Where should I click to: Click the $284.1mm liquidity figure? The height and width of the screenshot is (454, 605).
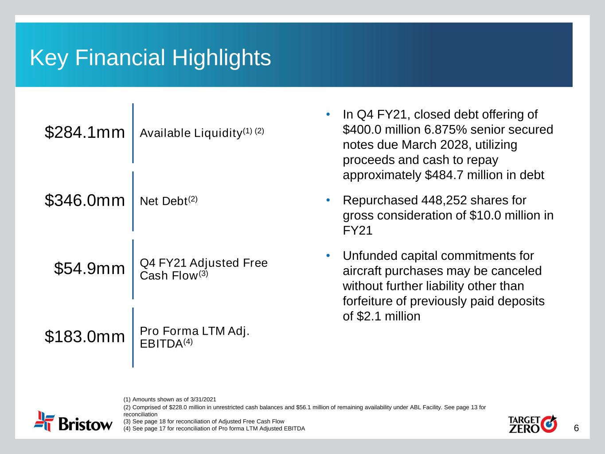tap(85, 132)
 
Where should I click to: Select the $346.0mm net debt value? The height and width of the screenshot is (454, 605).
tap(85, 200)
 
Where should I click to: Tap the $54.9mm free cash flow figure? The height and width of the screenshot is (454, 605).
tap(89, 268)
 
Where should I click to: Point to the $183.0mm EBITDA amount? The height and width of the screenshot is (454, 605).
tap(85, 337)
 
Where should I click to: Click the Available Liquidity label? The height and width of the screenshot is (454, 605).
tap(191, 133)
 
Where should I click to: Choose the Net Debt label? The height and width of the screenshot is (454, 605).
tap(164, 201)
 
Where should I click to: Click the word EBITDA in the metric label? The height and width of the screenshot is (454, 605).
tap(161, 344)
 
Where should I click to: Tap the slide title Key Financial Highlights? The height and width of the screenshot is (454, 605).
tap(150, 58)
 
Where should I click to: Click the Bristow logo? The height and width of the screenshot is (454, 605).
tap(73, 422)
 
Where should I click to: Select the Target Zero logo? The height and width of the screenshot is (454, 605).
tap(532, 424)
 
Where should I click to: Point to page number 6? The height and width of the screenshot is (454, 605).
tap(576, 428)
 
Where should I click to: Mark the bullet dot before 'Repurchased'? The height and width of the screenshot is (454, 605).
tap(328, 200)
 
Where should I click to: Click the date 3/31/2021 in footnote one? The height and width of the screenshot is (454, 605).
tap(203, 399)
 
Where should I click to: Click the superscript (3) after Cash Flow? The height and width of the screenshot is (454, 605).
tap(203, 274)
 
